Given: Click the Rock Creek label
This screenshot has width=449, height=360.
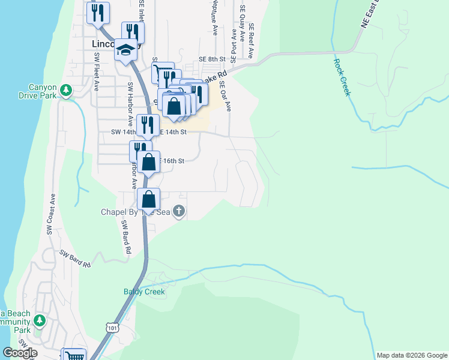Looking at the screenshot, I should click(x=342, y=76).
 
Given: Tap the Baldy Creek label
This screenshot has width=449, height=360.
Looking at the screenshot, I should click(x=144, y=292).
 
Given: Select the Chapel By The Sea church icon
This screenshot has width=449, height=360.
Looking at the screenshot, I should click(x=179, y=211).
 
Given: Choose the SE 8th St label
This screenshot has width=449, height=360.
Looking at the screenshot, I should click(x=211, y=59).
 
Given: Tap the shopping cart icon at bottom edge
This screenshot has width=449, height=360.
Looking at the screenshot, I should click(x=74, y=355).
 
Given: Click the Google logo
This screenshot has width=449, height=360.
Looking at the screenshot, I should click(x=20, y=353).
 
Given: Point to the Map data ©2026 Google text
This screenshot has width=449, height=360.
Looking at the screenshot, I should click(x=412, y=355).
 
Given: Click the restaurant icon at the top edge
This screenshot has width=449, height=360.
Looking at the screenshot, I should click(x=98, y=13).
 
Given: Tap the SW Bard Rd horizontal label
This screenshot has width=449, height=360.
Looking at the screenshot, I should click(x=75, y=259).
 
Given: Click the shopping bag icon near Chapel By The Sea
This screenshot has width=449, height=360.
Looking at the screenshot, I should click(x=149, y=199).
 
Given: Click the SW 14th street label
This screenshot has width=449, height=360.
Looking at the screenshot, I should click(x=124, y=131).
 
